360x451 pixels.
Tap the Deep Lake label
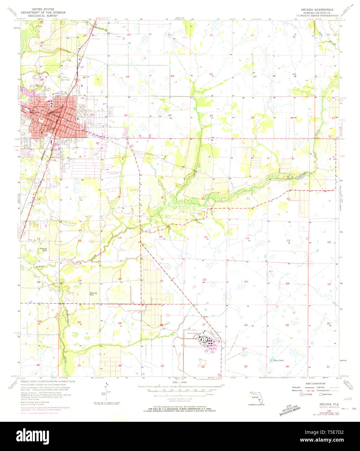pyautogui.click(x=279, y=360)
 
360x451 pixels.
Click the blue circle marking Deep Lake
pyautogui.click(x=271, y=360)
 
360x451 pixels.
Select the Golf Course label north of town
pyautogui.click(x=95, y=38)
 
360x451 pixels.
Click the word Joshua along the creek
pyautogui.click(x=40, y=267)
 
